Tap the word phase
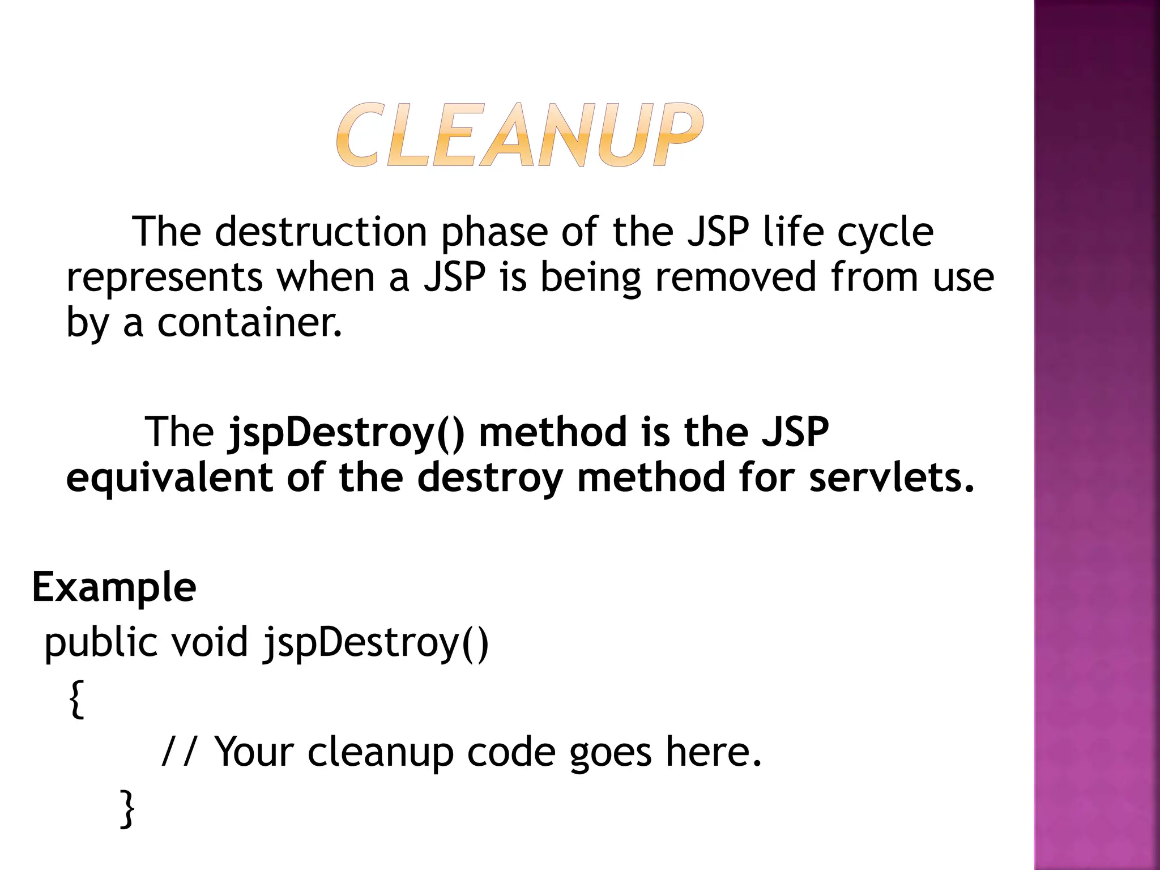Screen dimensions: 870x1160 pyautogui.click(x=494, y=233)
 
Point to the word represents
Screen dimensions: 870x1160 pyautogui.click(x=164, y=278)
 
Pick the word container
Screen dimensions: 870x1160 pyautogui.click(x=249, y=322)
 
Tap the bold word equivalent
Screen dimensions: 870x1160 pyautogui.click(x=169, y=477)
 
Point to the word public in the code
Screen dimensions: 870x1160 pyautogui.click(x=101, y=643)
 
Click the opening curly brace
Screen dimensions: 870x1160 pyautogui.click(x=76, y=700)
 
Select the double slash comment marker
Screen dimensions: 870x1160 pyautogui.click(x=179, y=752)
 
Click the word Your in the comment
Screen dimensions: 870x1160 pyautogui.click(x=254, y=752)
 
